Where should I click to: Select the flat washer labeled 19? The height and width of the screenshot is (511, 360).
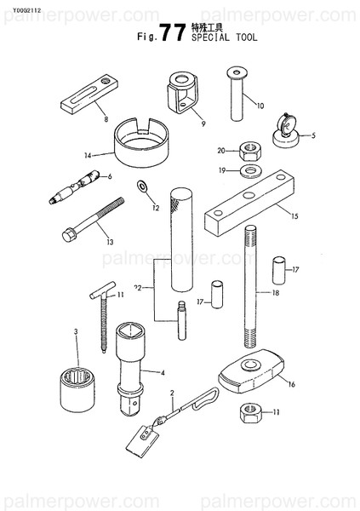coord(251,171)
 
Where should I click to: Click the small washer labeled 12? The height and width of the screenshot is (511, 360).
coord(141,186)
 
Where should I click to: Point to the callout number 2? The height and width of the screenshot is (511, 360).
coord(172,393)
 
